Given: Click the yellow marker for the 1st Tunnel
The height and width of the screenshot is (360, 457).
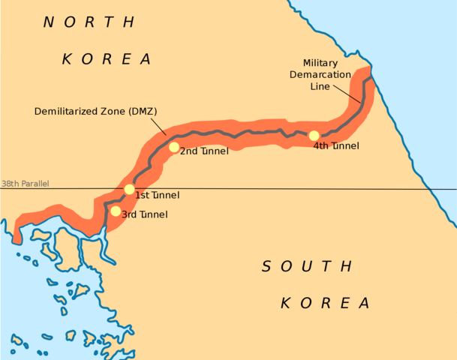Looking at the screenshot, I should click(129, 189).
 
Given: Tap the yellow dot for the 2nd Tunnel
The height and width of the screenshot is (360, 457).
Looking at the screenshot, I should click(174, 147).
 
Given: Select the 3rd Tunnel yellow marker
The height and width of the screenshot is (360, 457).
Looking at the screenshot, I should click(115, 211).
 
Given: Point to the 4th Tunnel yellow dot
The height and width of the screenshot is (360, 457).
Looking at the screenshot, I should click(314, 136).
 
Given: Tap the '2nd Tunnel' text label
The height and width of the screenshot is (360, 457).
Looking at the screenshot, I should click(205, 151).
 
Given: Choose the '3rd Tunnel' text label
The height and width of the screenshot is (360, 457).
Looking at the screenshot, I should click(144, 214).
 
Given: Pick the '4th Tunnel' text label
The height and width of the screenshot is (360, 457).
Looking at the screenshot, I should click(336, 145).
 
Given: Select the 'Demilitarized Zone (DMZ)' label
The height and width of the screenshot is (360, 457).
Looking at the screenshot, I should click(95, 112).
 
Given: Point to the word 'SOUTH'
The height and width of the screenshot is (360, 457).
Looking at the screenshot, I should click(306, 265).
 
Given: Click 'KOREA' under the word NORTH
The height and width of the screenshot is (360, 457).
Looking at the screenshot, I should click(107, 58).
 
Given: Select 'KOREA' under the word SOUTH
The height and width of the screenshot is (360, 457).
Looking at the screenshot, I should click(325, 303).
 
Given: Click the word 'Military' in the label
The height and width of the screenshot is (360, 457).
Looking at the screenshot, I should click(320, 63).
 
